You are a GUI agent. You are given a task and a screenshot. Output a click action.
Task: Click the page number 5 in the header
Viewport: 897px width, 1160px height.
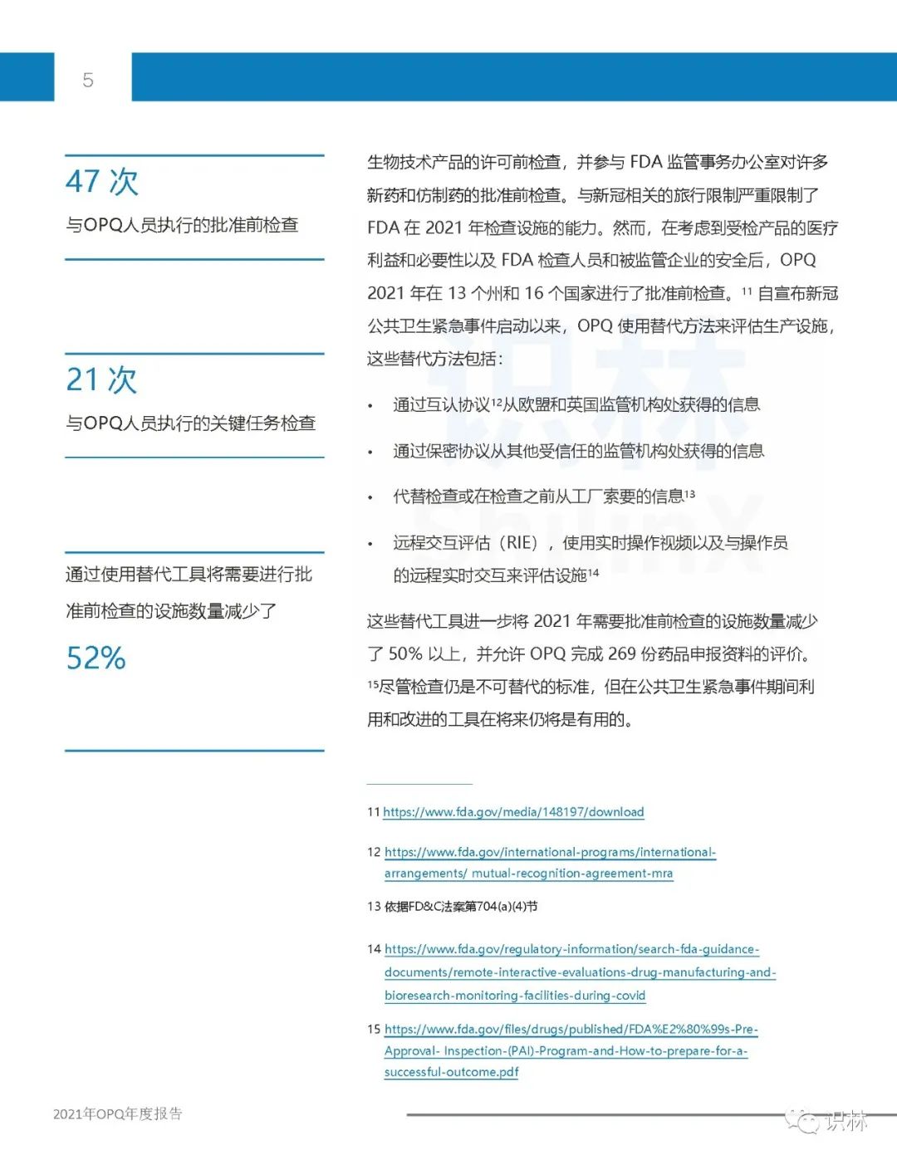(88, 80)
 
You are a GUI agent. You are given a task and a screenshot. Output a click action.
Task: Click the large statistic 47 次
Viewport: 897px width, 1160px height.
(102, 182)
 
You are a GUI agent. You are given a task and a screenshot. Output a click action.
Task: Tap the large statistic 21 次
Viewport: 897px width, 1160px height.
(101, 379)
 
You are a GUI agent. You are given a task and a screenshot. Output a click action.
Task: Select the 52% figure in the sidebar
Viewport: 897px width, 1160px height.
(96, 658)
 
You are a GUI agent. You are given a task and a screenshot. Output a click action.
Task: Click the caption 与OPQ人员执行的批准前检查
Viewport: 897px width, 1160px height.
(182, 225)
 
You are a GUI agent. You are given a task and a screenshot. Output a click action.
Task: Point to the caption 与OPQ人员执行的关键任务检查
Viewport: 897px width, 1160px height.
(190, 423)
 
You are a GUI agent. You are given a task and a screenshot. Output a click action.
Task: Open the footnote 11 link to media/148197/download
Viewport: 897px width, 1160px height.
(513, 812)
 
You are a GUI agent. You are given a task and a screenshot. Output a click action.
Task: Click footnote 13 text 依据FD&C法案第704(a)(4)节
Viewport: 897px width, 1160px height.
(461, 906)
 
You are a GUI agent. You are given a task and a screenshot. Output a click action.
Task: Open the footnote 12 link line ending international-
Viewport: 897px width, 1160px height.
(550, 852)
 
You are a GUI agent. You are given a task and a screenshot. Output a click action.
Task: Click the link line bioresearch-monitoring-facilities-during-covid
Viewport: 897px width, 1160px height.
(515, 996)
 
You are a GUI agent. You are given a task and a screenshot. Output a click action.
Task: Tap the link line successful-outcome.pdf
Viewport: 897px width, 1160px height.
(451, 1072)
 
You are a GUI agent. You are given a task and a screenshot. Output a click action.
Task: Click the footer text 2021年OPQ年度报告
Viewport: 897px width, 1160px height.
(118, 1114)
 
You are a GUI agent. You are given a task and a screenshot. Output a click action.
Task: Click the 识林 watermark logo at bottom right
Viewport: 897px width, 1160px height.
(831, 1121)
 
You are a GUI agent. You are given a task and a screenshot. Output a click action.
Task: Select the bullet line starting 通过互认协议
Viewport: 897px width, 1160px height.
(576, 404)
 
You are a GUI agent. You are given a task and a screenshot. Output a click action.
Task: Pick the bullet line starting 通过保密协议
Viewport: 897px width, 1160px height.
(578, 451)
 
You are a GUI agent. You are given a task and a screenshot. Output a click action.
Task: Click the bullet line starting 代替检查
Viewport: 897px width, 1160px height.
(543, 497)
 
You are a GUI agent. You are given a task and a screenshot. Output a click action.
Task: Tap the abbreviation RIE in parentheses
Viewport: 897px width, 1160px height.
(522, 543)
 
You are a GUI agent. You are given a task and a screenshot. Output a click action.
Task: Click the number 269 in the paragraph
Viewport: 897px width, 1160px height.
(621, 654)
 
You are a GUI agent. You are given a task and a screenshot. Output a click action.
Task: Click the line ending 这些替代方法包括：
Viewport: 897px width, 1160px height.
(434, 359)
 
